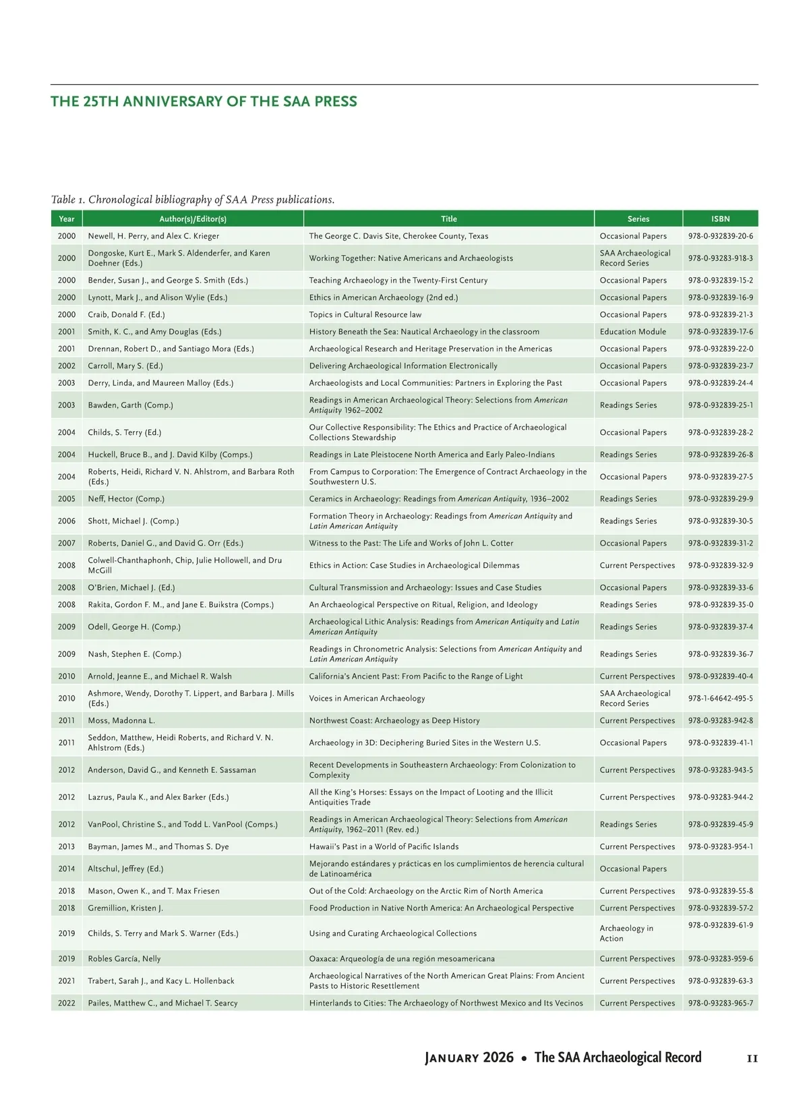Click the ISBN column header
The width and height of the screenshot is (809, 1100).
720,219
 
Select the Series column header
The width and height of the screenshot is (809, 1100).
638,219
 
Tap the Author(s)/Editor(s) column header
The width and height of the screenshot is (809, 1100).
193,219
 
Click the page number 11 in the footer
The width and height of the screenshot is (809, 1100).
752,1059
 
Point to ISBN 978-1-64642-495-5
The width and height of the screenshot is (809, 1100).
721,698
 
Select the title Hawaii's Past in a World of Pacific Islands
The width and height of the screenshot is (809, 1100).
384,846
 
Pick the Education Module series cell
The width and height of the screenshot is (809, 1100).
632,331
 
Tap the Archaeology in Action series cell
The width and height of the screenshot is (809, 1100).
626,933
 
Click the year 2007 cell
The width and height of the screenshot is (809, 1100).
67,543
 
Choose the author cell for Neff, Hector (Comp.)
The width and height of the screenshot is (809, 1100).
126,498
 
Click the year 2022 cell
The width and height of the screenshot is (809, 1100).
67,1003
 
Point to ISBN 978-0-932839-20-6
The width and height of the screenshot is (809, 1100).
721,236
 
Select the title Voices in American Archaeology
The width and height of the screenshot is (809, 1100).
367,698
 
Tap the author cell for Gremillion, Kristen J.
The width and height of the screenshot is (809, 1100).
125,908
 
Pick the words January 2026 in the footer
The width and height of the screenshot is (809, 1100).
469,1058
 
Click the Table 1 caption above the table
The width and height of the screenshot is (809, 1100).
193,200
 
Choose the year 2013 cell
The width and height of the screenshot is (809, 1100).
67,846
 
